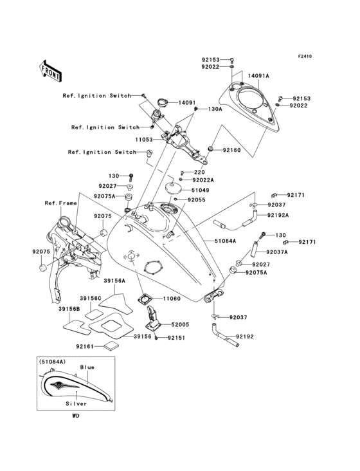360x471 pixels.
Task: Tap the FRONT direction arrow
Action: (51, 70)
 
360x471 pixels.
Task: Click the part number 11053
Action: (144, 138)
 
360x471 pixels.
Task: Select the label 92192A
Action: (278, 215)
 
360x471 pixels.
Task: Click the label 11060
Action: (172, 299)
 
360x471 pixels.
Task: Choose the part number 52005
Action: (180, 326)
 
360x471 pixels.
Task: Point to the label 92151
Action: (177, 337)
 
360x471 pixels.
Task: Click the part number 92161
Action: (85, 347)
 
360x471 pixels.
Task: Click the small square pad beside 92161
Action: (113, 346)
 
